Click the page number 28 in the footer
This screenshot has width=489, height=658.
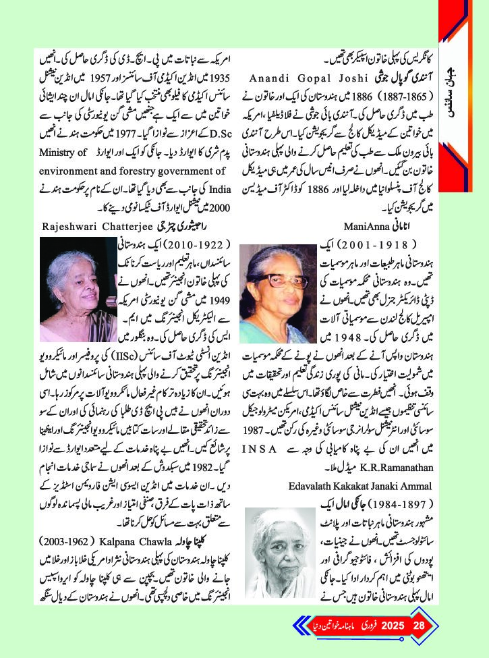[419, 624]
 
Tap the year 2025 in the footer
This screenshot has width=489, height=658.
[392, 624]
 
